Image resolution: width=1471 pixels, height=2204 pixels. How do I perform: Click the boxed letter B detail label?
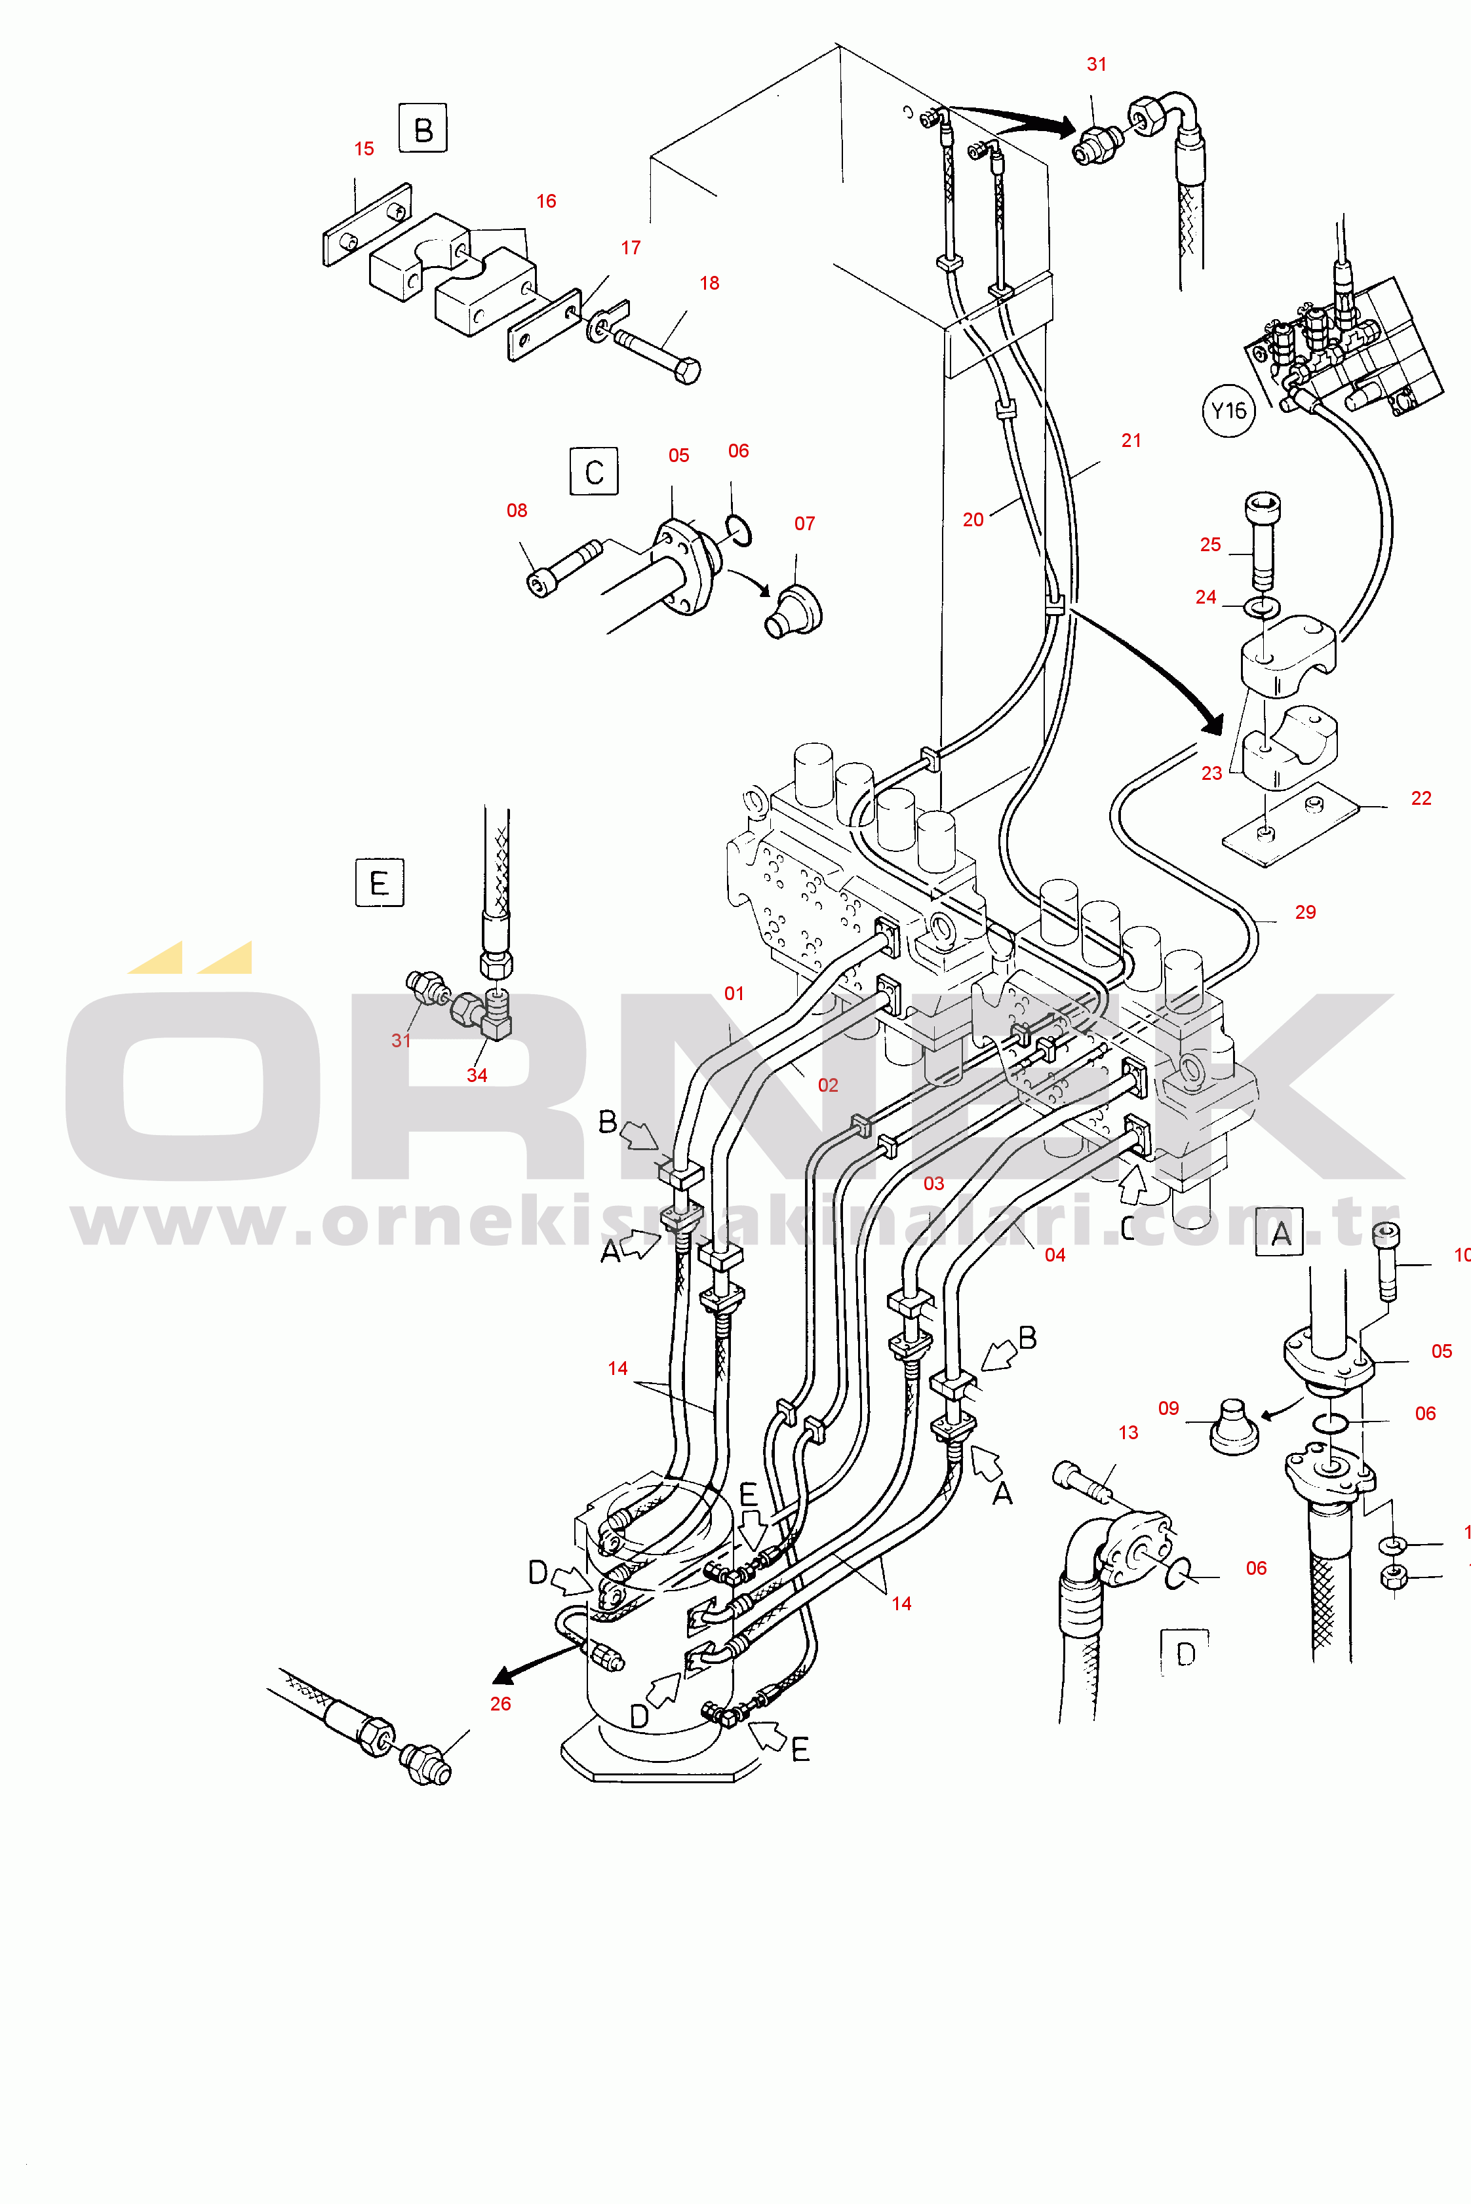point(422,128)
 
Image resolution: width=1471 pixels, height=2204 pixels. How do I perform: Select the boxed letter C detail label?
point(594,472)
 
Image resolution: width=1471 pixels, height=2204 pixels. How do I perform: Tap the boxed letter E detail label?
point(379,883)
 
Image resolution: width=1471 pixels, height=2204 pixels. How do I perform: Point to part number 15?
point(364,149)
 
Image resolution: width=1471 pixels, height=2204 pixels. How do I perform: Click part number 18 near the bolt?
point(709,283)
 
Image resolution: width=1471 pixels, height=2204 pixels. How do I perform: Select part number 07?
point(805,524)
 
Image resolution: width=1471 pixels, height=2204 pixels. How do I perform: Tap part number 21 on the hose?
point(1131,441)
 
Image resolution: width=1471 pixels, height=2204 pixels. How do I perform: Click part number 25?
point(1210,545)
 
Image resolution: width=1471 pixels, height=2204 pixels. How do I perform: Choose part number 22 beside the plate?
point(1421,798)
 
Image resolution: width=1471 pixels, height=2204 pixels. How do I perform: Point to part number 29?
point(1305,912)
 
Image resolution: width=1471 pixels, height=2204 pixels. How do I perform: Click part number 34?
point(477,1075)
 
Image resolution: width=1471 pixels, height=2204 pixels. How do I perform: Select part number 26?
point(500,1704)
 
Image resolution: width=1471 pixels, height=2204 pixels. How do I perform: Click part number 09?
point(1168,1408)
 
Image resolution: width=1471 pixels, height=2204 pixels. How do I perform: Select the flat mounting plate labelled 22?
point(1291,824)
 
